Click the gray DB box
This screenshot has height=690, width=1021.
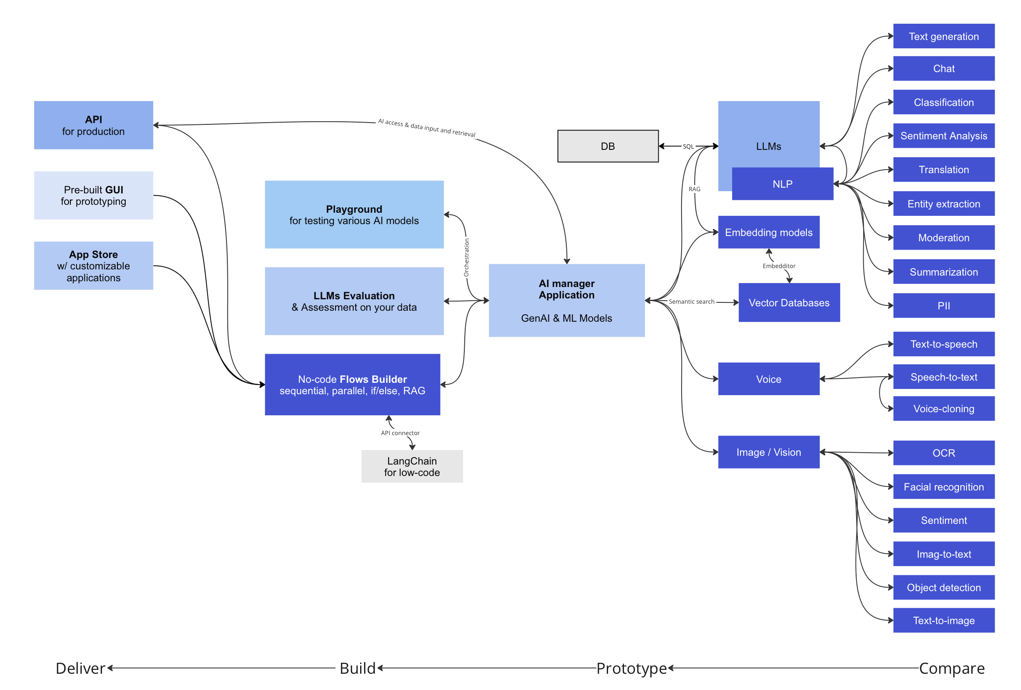608,146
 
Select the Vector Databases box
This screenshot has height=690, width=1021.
789,303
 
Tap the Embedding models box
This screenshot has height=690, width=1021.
768,232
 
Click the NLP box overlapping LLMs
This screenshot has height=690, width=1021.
782,184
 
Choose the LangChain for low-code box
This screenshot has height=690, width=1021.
412,467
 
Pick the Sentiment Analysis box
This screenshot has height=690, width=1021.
943,136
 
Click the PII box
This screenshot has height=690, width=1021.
943,306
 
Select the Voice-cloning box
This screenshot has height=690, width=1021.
943,409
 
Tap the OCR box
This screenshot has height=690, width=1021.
943,453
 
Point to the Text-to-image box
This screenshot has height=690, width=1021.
943,621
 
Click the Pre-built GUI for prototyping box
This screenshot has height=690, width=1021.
93,196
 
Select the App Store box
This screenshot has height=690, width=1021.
93,266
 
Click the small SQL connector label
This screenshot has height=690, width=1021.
688,147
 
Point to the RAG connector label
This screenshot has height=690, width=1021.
694,189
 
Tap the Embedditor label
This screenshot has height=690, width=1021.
779,266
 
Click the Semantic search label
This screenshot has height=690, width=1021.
691,301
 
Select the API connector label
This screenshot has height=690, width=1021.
400,433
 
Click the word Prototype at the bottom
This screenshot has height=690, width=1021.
631,668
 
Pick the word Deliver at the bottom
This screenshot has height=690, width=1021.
80,668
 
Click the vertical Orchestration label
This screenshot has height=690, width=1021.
467,258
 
